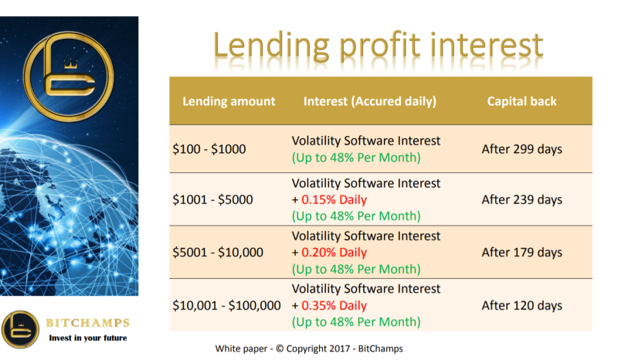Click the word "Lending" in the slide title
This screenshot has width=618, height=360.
(271, 47)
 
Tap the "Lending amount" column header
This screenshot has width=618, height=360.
(229, 101)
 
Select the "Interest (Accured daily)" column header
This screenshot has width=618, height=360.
(370, 102)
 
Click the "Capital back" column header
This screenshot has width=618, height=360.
(522, 101)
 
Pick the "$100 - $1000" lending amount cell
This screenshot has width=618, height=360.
(209, 149)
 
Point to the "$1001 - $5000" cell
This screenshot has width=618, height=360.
(212, 199)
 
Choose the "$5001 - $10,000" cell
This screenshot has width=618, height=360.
(218, 253)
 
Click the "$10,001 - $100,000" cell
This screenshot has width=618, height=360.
(226, 306)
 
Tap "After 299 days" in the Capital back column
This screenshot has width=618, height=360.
(522, 149)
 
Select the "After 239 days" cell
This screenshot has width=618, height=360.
(522, 200)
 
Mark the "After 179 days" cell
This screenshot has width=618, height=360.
(522, 253)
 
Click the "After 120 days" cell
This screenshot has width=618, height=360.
(522, 306)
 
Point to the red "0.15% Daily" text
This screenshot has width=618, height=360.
(334, 200)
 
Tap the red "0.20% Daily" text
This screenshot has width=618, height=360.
(334, 253)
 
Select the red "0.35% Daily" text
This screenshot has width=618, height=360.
(334, 306)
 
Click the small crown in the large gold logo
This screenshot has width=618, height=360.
(70, 64)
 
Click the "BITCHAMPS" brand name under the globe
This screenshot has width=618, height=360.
(87, 323)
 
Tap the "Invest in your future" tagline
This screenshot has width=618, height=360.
(88, 338)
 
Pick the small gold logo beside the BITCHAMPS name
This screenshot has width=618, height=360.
(21, 330)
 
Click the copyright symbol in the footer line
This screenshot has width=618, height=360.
(280, 348)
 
